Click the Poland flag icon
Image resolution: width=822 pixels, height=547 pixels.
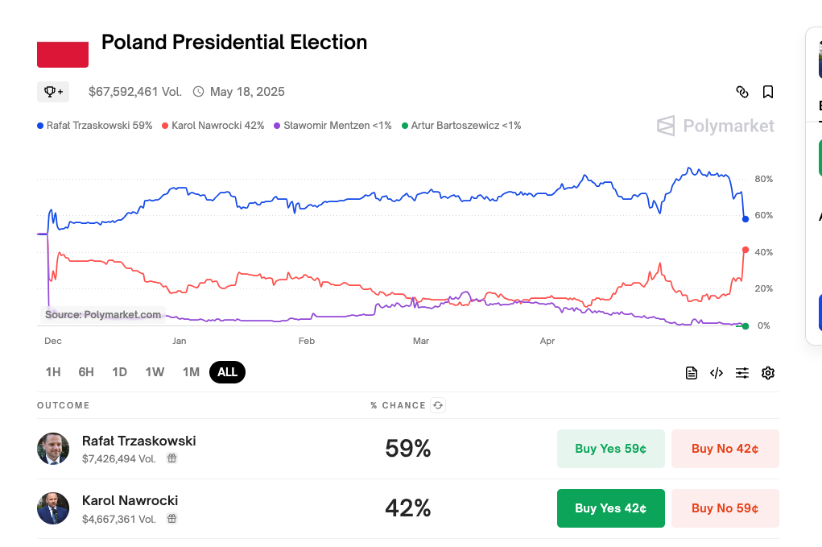63,53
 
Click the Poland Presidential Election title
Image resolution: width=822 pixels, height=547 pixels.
234,43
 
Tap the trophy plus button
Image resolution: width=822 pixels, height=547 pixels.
53,92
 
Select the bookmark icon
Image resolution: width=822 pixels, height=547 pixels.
768,92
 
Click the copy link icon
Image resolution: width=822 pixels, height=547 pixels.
742,92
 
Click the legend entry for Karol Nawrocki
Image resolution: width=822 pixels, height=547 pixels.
213,126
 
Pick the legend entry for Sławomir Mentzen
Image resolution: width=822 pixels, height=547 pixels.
333,126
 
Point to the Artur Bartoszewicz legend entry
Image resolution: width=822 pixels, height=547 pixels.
461,126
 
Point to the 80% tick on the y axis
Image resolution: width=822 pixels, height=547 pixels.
763,179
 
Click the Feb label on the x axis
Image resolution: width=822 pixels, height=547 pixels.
307,342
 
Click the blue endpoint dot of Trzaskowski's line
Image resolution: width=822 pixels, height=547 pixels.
746,219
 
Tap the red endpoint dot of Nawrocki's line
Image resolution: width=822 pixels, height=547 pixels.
746,250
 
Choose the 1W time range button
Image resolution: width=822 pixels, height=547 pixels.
155,372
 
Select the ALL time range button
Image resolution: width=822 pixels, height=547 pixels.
227,372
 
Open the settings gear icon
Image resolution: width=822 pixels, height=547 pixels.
768,373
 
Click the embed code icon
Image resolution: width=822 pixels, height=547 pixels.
717,373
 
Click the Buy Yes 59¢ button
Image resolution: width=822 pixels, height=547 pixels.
610,449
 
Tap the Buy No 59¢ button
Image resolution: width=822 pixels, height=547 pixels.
725,508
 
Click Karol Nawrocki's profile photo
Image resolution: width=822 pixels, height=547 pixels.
53,508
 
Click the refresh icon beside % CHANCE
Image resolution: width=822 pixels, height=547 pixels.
438,405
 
